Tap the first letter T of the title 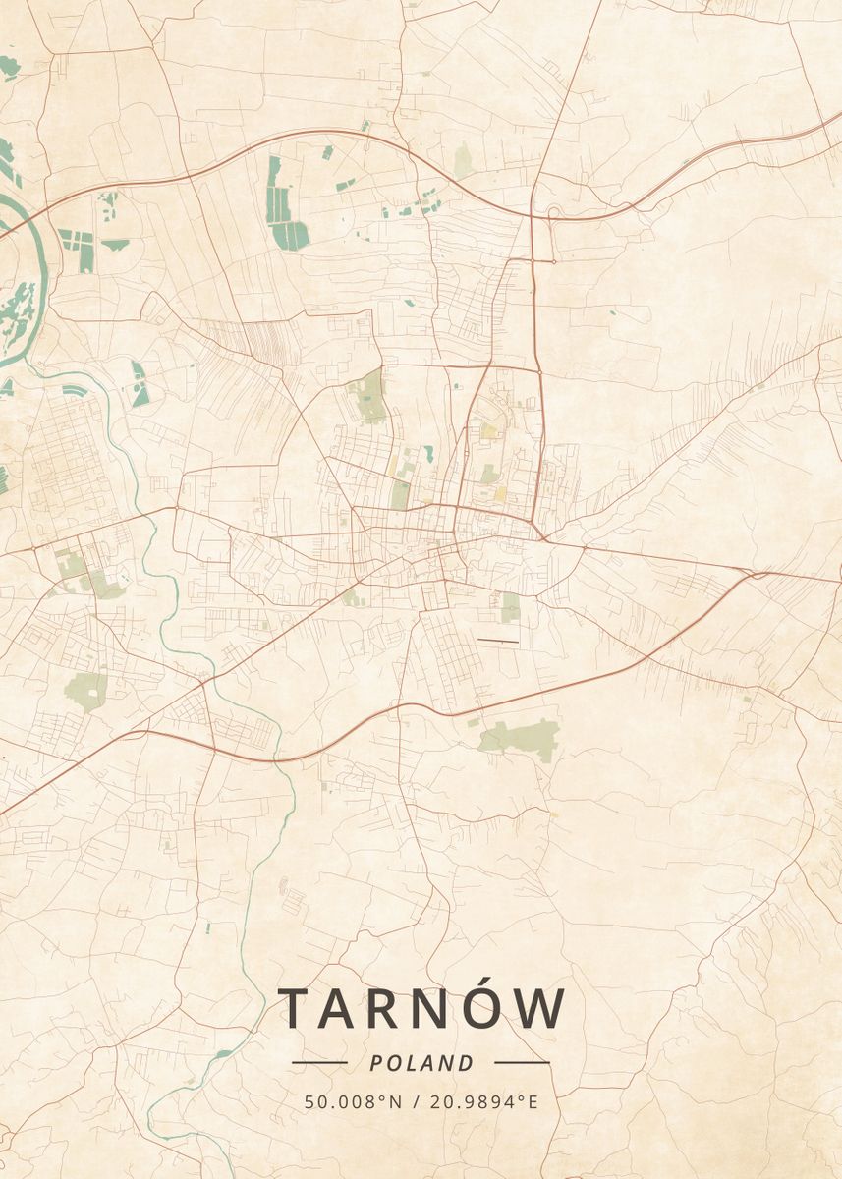pyautogui.click(x=296, y=1009)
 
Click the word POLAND pyautogui.click(x=421, y=1063)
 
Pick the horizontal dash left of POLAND pyautogui.click(x=319, y=1062)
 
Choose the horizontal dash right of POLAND pyautogui.click(x=522, y=1062)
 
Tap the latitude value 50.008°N pyautogui.click(x=354, y=1102)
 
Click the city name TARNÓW pyautogui.click(x=421, y=1009)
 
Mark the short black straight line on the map pyautogui.click(x=497, y=642)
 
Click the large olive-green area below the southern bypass pyautogui.click(x=521, y=736)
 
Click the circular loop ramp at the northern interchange pyautogui.click(x=553, y=214)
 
